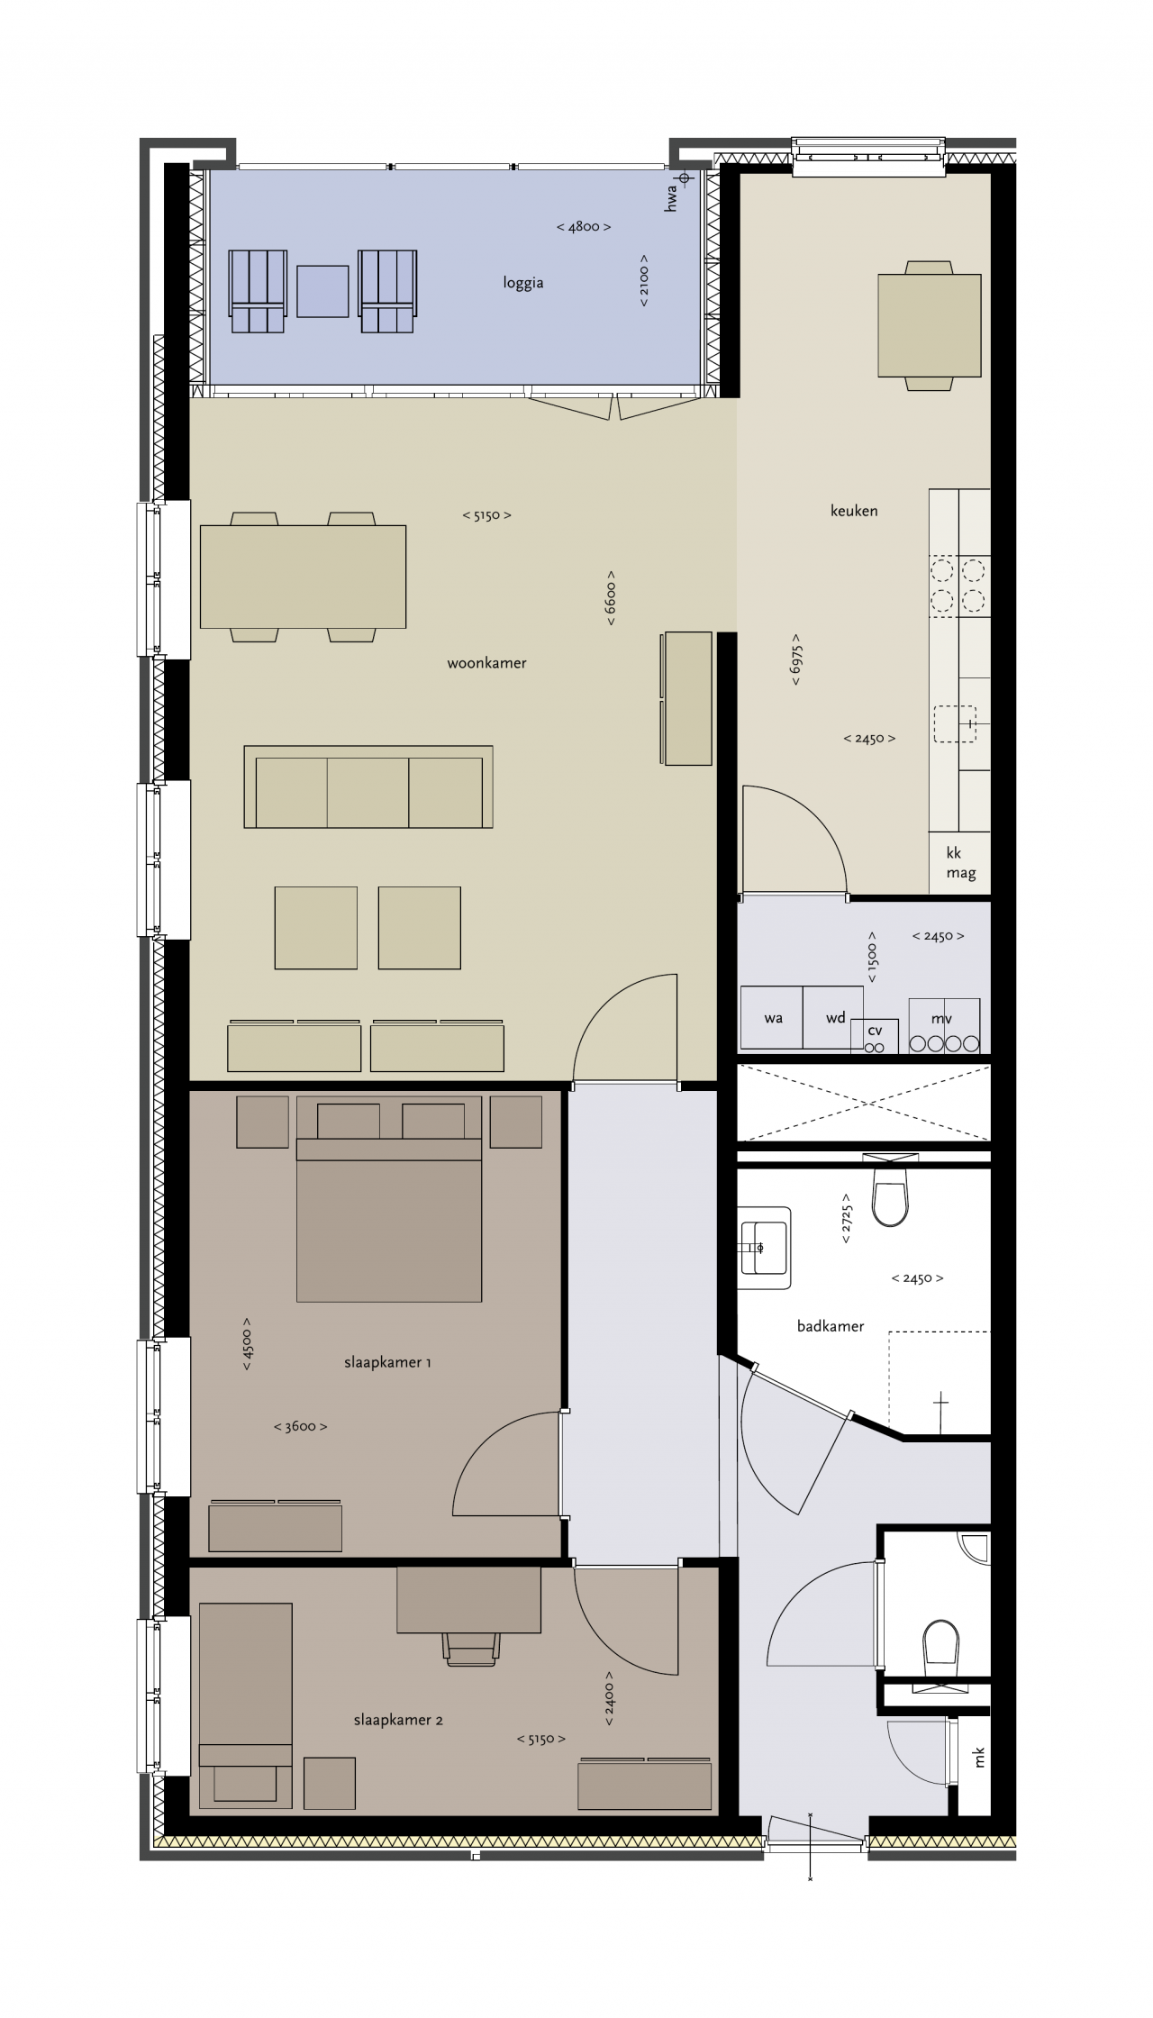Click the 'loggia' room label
point(523,283)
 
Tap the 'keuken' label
point(854,511)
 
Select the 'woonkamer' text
point(486,663)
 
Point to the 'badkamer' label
point(831,1326)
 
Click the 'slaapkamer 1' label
point(387,1362)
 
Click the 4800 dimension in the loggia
point(584,227)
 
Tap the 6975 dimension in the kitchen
point(796,659)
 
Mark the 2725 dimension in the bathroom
point(847,1219)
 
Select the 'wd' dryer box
point(833,1018)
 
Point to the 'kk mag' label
point(960,863)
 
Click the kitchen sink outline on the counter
point(956,723)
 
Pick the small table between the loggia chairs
point(322,291)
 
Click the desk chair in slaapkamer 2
point(471,1649)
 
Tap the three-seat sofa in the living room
point(368,786)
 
